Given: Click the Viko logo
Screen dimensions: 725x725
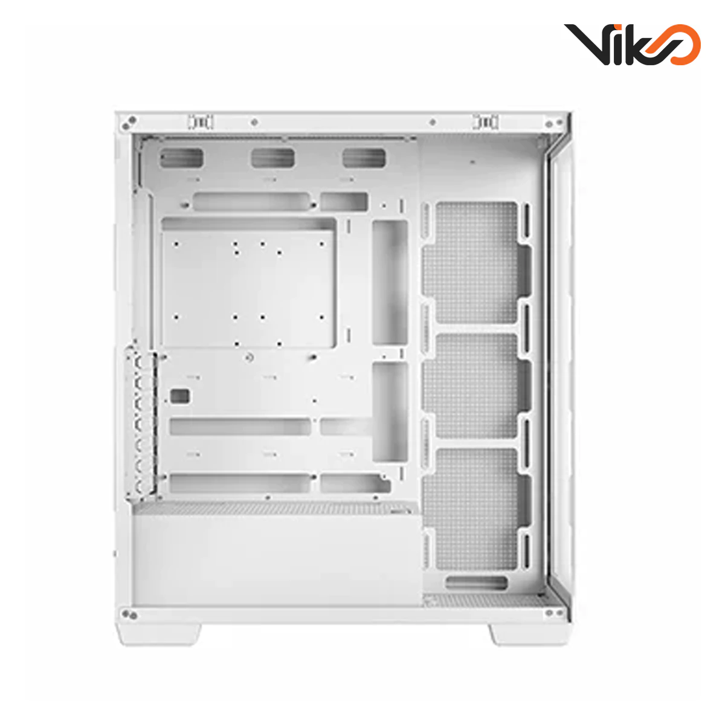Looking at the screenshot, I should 632,45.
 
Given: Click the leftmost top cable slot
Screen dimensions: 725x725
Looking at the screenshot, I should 181,158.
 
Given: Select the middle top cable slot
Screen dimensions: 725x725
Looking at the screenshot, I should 272,158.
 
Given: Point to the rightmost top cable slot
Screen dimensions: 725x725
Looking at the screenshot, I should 364,158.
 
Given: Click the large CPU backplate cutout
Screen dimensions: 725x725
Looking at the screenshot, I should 248,283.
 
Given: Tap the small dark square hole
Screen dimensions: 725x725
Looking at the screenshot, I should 179,396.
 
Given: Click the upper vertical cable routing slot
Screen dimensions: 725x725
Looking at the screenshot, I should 390,282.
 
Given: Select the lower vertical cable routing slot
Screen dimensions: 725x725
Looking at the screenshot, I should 390,412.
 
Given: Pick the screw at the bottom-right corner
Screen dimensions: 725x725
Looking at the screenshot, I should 550,614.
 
